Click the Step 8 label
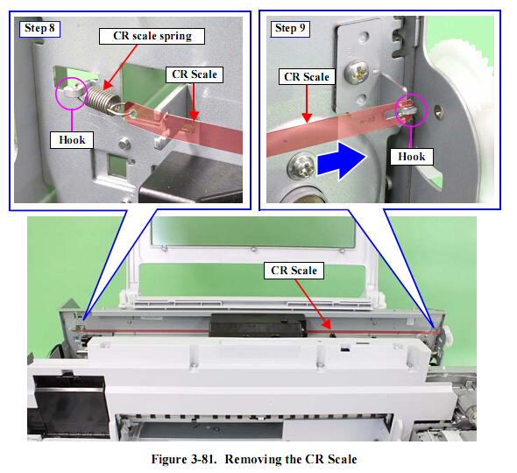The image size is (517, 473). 39,29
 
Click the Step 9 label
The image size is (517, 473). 290,29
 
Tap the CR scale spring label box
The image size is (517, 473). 152,36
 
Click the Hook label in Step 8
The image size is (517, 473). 72,140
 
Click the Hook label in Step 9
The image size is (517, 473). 412,156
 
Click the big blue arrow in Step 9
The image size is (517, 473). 343,160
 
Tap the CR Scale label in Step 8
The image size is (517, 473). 195,74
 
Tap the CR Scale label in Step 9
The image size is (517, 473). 307,77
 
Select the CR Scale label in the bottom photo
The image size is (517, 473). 294,271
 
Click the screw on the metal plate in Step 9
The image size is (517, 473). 357,73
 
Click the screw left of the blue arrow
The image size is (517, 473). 302,166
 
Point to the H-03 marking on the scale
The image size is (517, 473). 368,121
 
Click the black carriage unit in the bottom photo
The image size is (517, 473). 258,325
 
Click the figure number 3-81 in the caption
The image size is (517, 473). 203,459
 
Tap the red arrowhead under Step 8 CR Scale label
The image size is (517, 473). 195,116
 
